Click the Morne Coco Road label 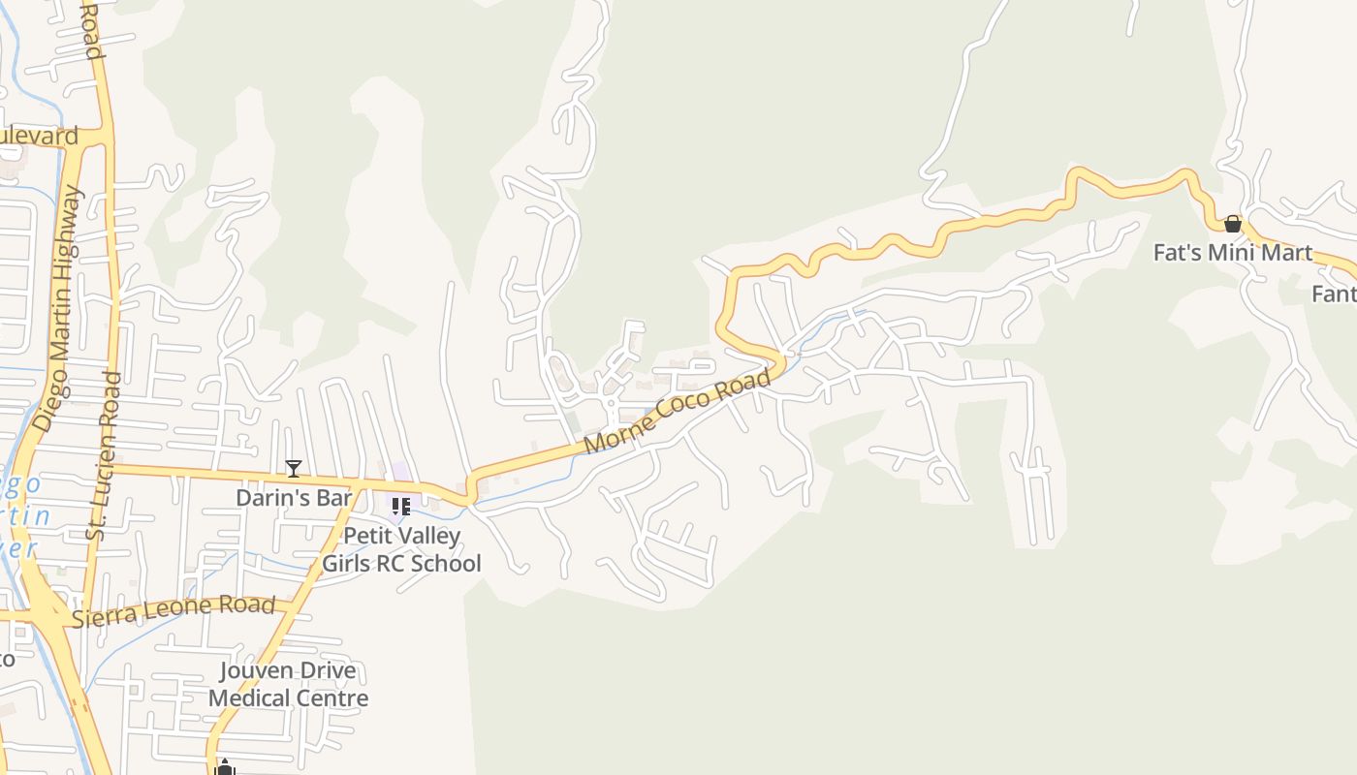[x=678, y=411]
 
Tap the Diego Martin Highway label [x=58, y=308]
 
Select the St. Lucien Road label [x=104, y=455]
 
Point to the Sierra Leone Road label [x=174, y=610]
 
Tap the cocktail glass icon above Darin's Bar [x=294, y=469]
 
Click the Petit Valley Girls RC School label [x=401, y=549]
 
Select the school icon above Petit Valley [x=400, y=506]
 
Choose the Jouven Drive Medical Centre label [x=288, y=684]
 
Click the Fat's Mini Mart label [x=1232, y=253]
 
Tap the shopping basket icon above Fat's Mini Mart [x=1232, y=224]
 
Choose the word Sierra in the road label [x=107, y=616]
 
